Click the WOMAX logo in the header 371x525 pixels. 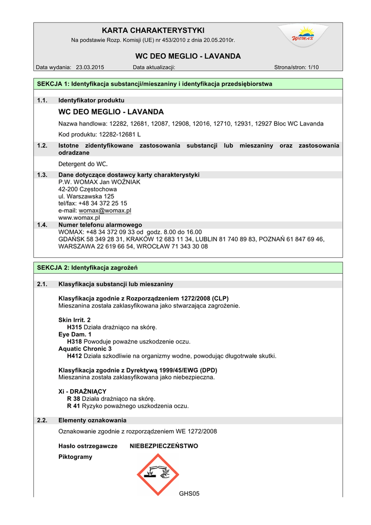pos(303,36)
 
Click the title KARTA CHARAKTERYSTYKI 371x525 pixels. pos(153,31)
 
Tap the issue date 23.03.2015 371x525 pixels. pos(90,67)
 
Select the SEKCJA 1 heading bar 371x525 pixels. pos(187,84)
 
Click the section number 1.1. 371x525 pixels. pos(42,100)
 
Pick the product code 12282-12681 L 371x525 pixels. pos(113,134)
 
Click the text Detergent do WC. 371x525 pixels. pos(83,164)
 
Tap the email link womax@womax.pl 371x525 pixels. pos(105,210)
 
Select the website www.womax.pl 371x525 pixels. pos(79,217)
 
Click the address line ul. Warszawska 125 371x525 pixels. pos(86,196)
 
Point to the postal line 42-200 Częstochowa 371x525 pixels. pos(88,189)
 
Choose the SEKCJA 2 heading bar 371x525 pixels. pos(187,268)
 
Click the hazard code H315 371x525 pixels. pos(75,327)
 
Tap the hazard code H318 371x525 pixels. pos(75,341)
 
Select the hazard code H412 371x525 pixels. pos(75,356)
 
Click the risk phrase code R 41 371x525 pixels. pos(74,406)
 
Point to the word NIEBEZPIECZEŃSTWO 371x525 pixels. pos(164,446)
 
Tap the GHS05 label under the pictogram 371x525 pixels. pos(189,494)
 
